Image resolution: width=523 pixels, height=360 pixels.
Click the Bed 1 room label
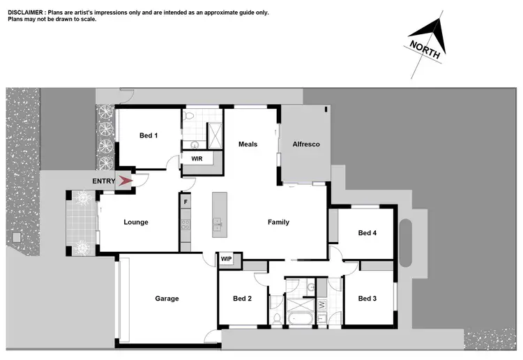pyautogui.click(x=149, y=135)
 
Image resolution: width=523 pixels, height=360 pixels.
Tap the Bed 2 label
pyautogui.click(x=242, y=299)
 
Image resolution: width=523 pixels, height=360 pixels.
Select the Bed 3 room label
pyautogui.click(x=367, y=299)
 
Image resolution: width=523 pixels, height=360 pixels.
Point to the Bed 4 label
pyautogui.click(x=367, y=233)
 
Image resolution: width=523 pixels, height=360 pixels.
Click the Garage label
pyautogui.click(x=167, y=299)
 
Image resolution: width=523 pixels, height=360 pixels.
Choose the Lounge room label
pyautogui.click(x=136, y=223)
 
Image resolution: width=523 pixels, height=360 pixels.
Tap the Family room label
pyautogui.click(x=278, y=223)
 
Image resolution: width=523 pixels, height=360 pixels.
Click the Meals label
pyautogui.click(x=248, y=144)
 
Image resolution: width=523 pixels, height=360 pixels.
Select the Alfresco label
pyautogui.click(x=305, y=144)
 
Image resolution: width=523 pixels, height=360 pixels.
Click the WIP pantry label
pyautogui.click(x=226, y=259)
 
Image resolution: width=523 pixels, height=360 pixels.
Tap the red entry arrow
pyautogui.click(x=126, y=181)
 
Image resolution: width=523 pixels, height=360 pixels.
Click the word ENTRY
pyautogui.click(x=104, y=181)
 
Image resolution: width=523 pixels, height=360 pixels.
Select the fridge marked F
pyautogui.click(x=185, y=202)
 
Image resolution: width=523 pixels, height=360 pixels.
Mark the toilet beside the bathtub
pyautogui.click(x=277, y=319)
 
